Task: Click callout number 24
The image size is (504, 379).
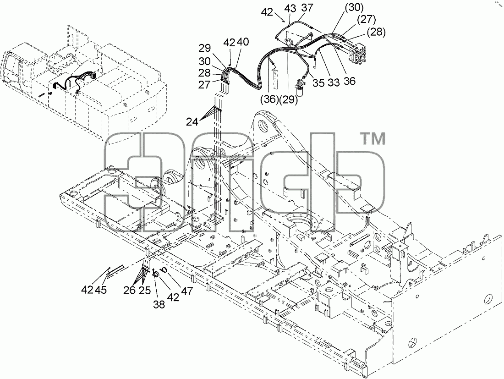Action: pos(192,122)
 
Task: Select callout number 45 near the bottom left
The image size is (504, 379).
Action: pos(101,290)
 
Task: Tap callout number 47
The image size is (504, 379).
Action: pos(187,291)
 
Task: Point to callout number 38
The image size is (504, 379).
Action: pos(159,304)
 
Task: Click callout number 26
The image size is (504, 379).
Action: pos(130,290)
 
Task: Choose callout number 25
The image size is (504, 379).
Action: pos(145,290)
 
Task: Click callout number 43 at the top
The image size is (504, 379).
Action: pos(290,9)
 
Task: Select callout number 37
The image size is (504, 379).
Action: pos(307,7)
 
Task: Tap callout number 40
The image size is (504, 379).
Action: pos(243,42)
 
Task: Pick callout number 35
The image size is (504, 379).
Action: pos(318,82)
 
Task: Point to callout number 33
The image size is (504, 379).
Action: pos(334,82)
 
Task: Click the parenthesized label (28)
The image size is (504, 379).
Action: pos(376,32)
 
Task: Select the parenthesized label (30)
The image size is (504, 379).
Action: pos(354,8)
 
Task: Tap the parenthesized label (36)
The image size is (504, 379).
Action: pos(269,99)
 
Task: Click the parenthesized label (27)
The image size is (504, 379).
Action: pos(366,20)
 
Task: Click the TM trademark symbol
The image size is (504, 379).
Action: pos(374,139)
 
